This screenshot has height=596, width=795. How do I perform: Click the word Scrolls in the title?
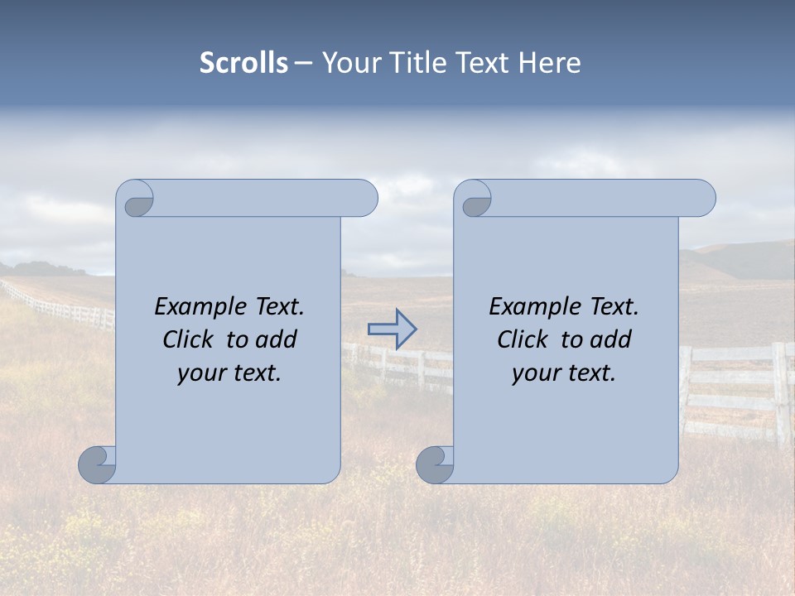tap(243, 63)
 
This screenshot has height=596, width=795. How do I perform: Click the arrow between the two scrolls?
tap(392, 329)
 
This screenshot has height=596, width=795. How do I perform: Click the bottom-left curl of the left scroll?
tap(97, 464)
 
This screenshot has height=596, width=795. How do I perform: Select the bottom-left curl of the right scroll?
tap(435, 464)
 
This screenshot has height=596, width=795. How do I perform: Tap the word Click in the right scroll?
tap(521, 340)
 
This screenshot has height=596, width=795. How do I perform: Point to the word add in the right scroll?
tap(612, 340)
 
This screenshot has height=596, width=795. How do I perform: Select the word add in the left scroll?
tap(277, 340)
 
